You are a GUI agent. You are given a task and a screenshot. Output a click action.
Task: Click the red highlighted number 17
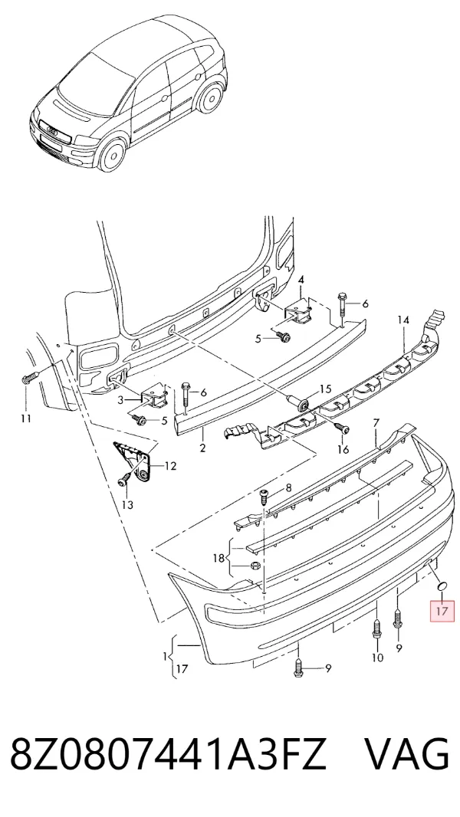442,610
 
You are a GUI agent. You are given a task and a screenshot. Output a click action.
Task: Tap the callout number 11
26,418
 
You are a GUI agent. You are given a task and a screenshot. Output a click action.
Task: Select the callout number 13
127,504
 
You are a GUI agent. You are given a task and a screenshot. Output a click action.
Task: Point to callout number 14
404,320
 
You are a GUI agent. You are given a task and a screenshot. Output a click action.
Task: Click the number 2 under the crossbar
202,448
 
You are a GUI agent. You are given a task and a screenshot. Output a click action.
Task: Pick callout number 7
376,422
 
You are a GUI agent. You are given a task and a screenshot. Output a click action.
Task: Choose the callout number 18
219,558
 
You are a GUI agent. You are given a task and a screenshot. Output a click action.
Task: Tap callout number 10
377,658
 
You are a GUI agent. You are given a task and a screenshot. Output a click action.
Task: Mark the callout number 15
325,389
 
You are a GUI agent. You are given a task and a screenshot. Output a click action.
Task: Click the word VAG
406,753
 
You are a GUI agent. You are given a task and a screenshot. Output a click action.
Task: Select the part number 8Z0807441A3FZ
168,753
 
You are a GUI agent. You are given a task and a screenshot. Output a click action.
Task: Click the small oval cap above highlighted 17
442,587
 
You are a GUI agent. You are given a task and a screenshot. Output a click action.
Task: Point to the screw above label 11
28,378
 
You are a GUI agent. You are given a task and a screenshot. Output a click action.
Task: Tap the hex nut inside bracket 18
255,566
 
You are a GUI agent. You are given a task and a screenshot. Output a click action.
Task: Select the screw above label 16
342,428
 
